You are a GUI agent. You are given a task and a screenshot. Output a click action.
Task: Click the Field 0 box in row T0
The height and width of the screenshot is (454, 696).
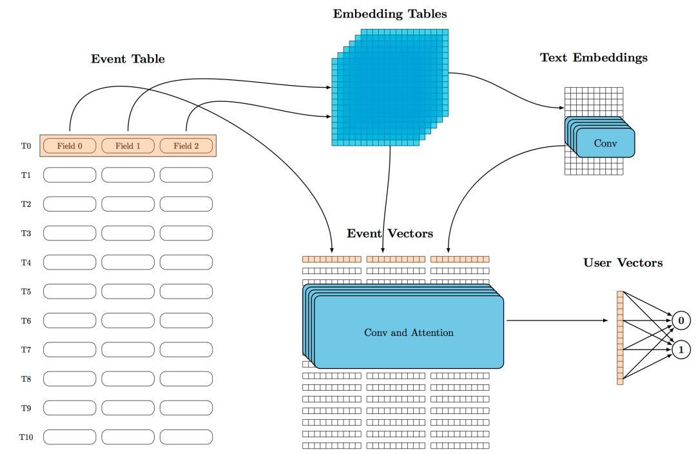(70, 146)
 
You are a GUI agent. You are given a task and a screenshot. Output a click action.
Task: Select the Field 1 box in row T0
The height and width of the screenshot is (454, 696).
(128, 146)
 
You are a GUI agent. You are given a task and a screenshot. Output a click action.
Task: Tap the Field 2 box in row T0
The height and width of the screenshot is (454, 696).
(186, 146)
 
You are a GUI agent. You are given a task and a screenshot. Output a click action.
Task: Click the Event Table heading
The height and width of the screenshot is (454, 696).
(128, 59)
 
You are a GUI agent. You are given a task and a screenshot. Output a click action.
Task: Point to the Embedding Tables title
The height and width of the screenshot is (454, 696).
(389, 14)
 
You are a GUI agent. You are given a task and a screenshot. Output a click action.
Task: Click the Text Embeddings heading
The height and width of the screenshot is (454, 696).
(593, 57)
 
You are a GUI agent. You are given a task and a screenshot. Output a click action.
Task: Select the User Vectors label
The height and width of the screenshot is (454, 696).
(623, 262)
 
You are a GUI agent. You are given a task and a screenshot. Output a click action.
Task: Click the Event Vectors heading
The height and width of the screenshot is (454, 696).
(389, 233)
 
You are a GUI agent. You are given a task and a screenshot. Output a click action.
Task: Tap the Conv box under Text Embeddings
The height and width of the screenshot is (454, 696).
(604, 143)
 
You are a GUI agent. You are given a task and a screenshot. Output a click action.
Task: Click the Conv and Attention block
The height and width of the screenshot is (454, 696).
(409, 333)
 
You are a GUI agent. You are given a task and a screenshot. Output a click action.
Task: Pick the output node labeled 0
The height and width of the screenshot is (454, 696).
(681, 321)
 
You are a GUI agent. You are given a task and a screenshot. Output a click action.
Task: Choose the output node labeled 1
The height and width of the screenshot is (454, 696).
(681, 350)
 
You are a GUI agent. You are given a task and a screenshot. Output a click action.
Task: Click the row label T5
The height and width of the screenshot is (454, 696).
(26, 291)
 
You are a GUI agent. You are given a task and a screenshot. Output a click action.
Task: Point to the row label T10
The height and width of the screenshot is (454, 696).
(26, 437)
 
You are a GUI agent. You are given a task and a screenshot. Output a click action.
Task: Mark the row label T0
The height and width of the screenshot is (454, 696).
(26, 146)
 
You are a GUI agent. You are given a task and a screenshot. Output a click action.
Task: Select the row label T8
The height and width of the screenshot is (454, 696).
(26, 379)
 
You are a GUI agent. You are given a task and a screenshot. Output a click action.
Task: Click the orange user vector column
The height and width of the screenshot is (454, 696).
(620, 338)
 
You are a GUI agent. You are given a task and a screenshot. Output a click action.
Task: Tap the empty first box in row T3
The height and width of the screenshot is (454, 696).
(70, 233)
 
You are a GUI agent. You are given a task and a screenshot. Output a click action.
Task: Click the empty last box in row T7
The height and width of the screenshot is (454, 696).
(186, 350)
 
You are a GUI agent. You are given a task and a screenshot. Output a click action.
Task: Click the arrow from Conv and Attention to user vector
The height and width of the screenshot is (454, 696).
(557, 321)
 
